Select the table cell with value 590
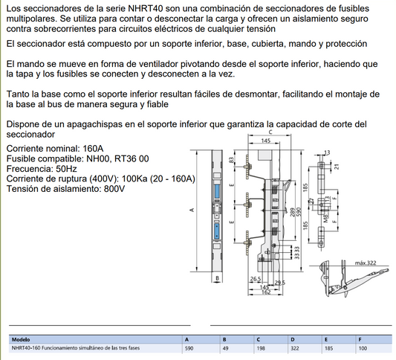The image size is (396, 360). point(189,347)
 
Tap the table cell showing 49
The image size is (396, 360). point(226,347)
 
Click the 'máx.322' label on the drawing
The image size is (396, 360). point(365,263)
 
